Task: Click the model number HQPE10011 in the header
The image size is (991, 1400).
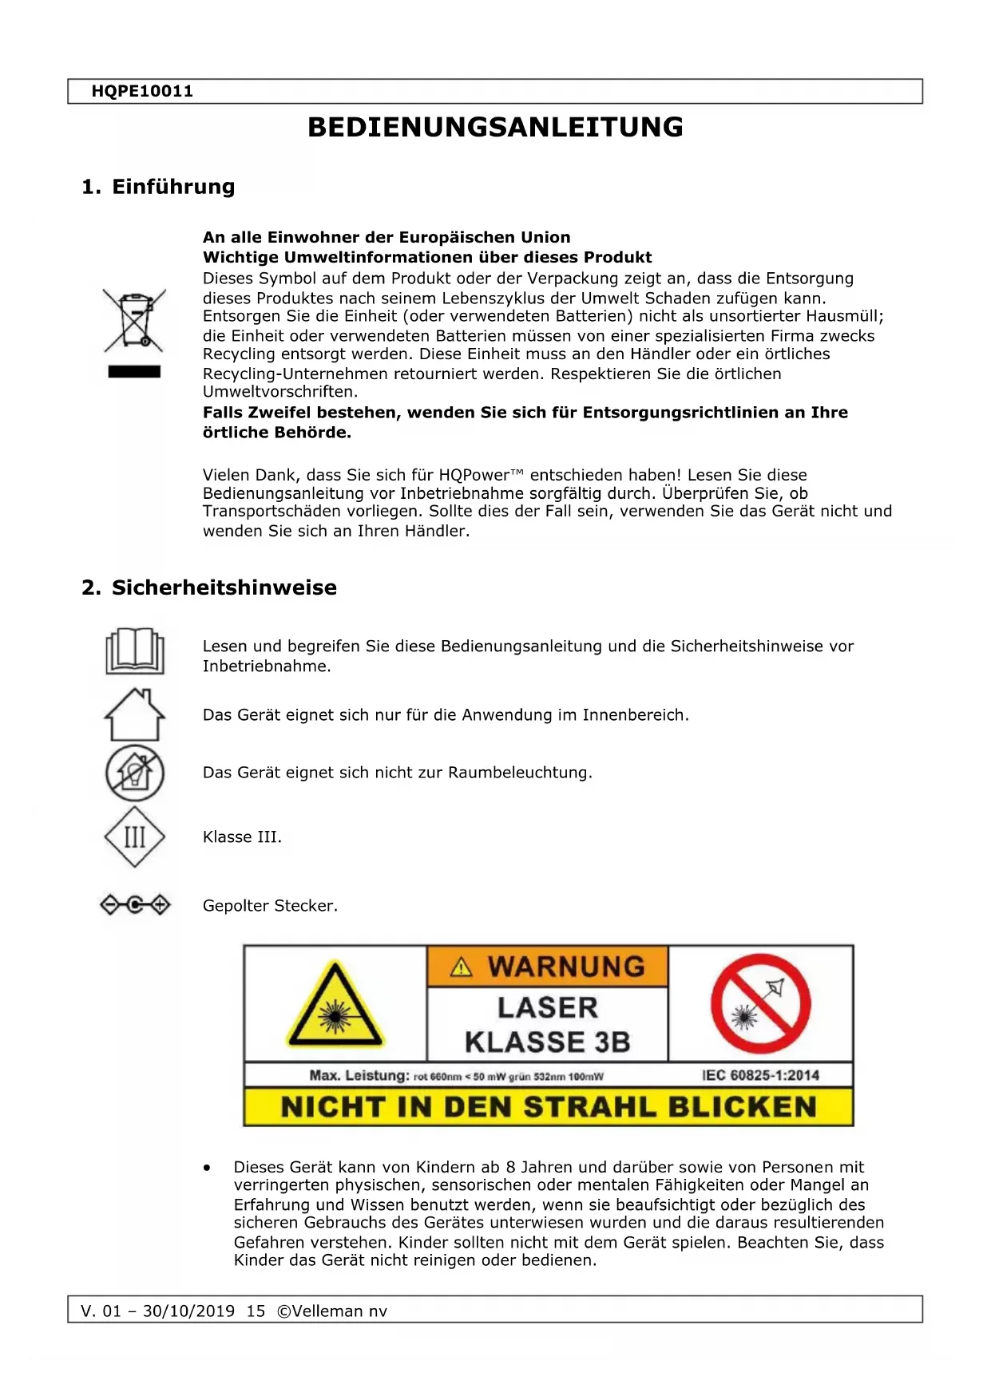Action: coord(142,91)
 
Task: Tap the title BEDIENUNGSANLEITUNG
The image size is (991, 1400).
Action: coord(495,128)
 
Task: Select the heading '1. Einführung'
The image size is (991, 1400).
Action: coord(158,187)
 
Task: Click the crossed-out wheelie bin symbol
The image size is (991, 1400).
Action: coord(134,320)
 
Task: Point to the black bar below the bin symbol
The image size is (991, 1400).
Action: coord(134,372)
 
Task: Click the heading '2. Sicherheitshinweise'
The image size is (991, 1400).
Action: coord(209,588)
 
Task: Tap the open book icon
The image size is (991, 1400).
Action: coord(135,651)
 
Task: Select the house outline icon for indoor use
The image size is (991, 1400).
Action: coord(135,715)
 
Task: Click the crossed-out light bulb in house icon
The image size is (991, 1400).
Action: coord(135,773)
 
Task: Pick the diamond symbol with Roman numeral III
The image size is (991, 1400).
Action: coord(135,837)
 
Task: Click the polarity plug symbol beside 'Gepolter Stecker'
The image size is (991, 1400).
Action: coord(135,905)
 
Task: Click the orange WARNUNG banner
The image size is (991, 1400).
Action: coord(548,967)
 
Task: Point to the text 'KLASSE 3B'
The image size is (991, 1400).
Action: coord(548,1042)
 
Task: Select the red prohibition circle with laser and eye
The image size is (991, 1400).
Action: coord(760,1004)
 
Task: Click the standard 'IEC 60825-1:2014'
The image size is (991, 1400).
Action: coord(760,1075)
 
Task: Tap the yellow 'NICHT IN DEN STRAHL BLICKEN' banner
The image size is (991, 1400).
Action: coord(549,1107)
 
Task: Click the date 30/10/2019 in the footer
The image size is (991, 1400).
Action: coord(188,1311)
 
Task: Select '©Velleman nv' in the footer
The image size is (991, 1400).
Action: coord(331,1311)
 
